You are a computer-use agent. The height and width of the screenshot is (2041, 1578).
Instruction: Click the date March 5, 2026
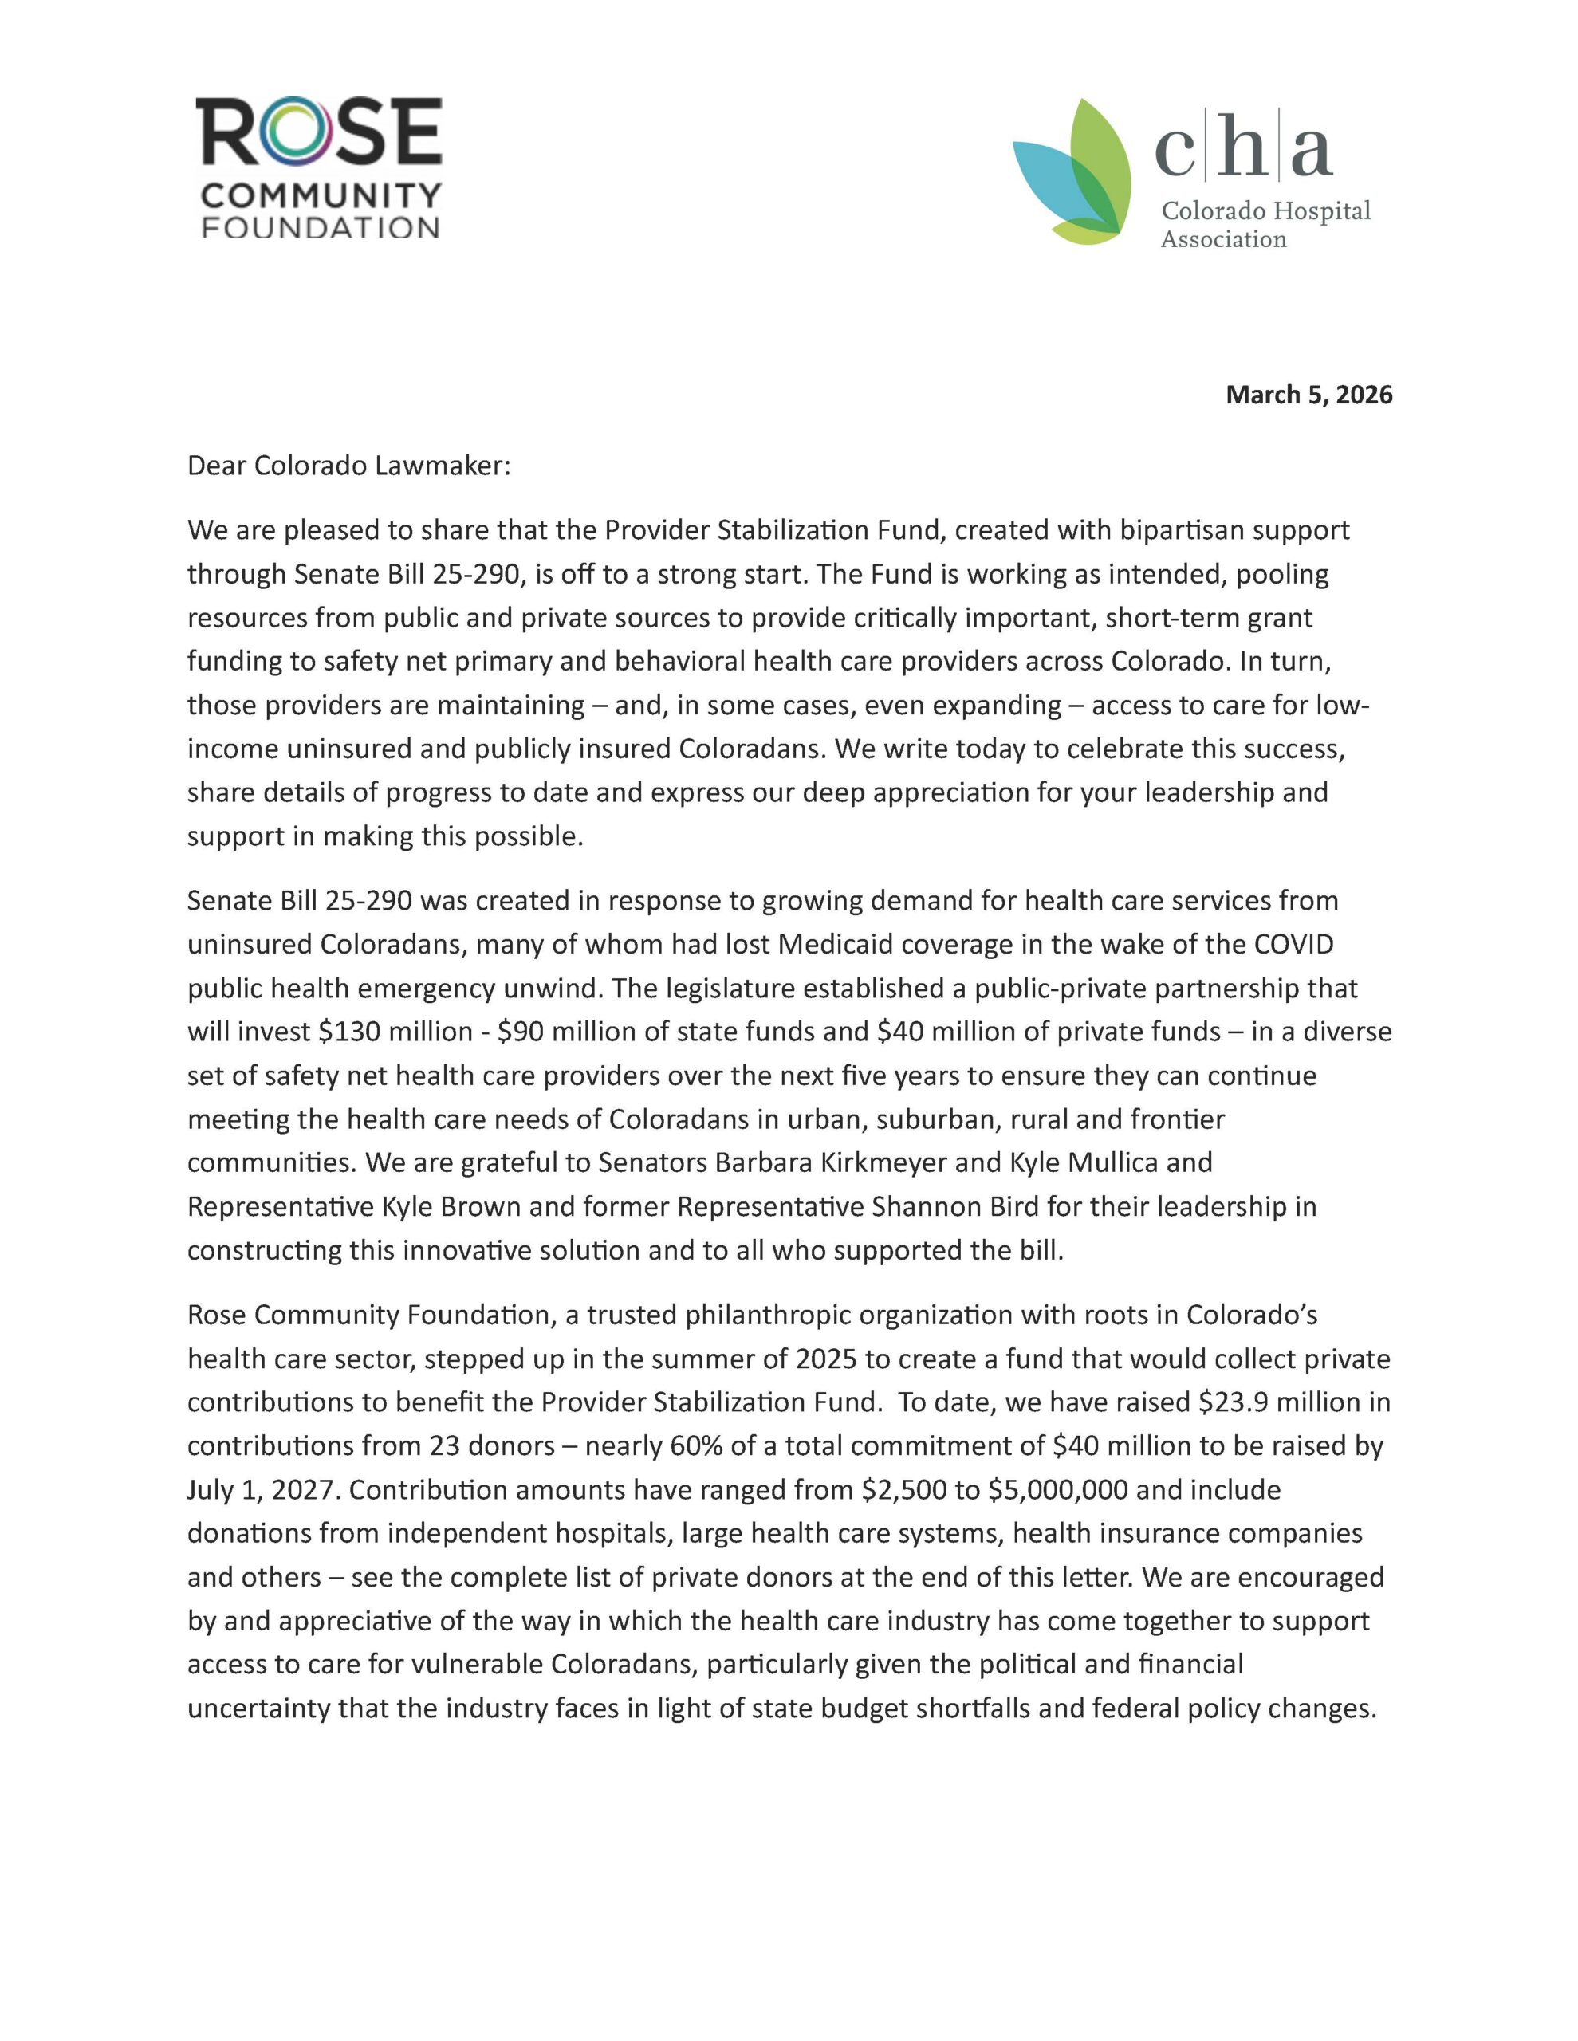tap(1308, 395)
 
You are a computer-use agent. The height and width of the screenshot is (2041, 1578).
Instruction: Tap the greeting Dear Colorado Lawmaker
tap(348, 466)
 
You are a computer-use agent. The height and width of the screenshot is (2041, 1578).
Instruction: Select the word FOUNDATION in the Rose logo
tap(320, 227)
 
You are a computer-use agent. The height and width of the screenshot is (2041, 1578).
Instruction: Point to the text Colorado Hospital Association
tap(1265, 224)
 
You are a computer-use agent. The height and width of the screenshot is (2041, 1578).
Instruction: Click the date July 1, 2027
tap(264, 1489)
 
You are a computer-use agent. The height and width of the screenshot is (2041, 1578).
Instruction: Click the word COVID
tap(1292, 944)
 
